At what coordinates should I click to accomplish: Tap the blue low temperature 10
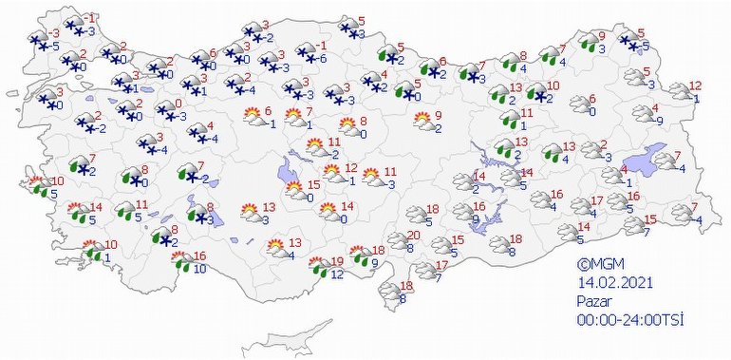click(199, 269)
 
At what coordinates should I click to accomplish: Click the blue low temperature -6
click(324, 59)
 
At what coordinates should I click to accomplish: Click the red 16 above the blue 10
click(199, 256)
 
